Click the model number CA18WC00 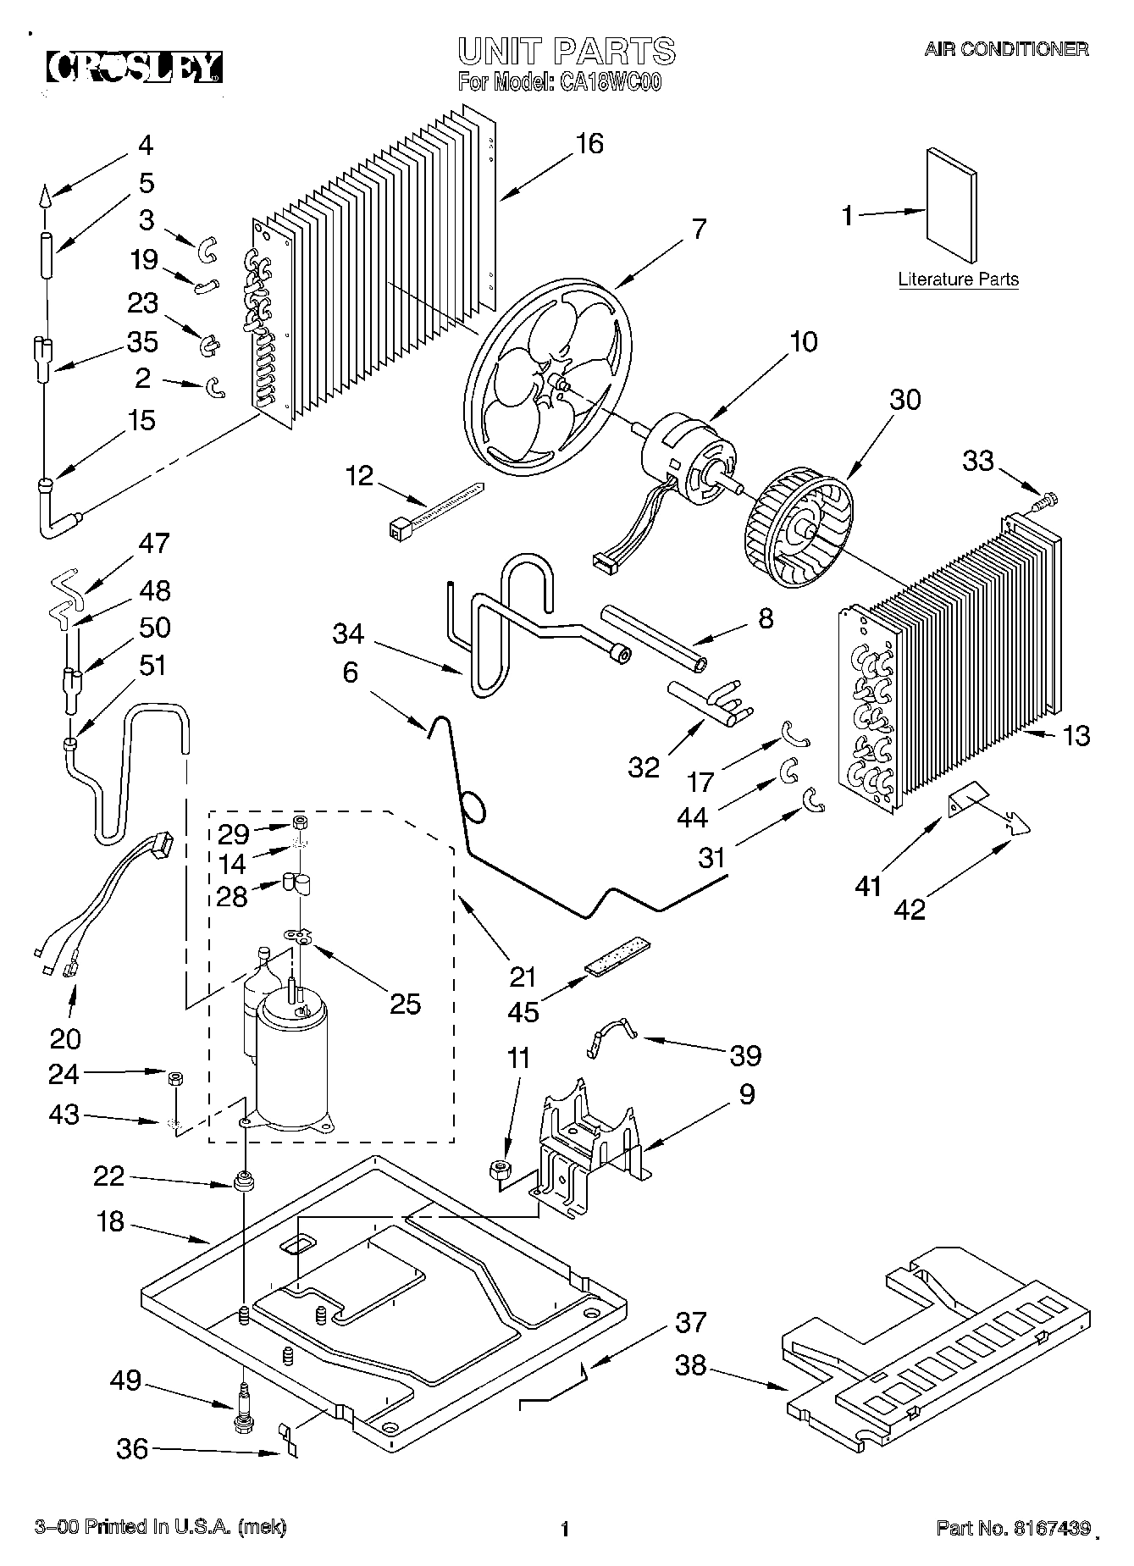point(609,83)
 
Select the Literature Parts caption point(958,279)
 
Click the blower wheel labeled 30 point(799,531)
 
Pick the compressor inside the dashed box point(290,1059)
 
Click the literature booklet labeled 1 point(953,208)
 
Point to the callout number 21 point(523,977)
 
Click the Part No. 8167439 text point(1013,1527)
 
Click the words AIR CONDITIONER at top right point(1005,49)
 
